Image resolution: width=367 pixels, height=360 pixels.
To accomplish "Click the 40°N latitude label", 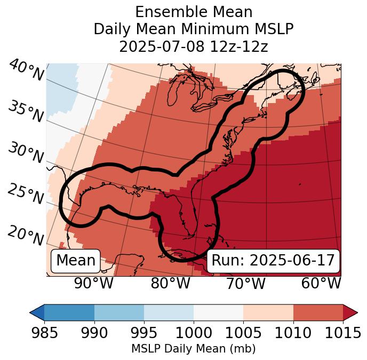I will (26, 71).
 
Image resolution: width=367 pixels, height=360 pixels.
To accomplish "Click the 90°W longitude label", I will (93, 283).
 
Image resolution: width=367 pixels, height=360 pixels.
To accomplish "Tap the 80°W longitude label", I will (170, 283).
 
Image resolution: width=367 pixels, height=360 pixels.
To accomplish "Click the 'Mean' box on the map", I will (76, 261).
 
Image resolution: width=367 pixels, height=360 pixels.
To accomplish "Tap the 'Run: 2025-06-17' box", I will (273, 261).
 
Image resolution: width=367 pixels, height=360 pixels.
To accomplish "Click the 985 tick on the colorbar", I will (44, 333).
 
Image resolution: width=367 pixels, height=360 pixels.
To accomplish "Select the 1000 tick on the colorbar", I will (193, 333).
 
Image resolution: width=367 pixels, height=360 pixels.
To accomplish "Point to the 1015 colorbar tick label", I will (342, 333).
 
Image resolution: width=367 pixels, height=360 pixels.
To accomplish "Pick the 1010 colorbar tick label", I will (293, 333).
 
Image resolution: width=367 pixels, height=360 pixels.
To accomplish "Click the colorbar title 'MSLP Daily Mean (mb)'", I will (193, 349).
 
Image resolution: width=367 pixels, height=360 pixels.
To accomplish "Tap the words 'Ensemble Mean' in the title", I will (193, 12).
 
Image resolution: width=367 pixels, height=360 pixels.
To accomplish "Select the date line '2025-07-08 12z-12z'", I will (193, 46).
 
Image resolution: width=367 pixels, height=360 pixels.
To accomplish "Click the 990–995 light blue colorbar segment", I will (119, 312).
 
